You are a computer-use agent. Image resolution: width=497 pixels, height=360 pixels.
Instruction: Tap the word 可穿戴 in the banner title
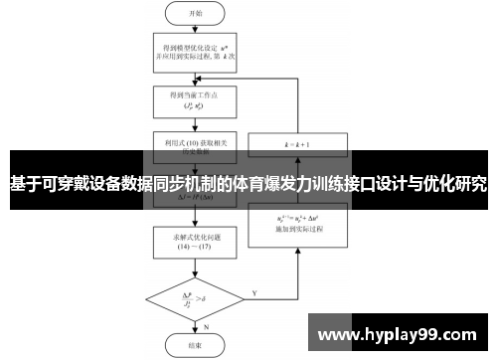pyautogui.click(x=65, y=184)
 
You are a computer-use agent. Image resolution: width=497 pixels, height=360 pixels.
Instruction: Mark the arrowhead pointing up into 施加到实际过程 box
pyautogui.click(x=298, y=242)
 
